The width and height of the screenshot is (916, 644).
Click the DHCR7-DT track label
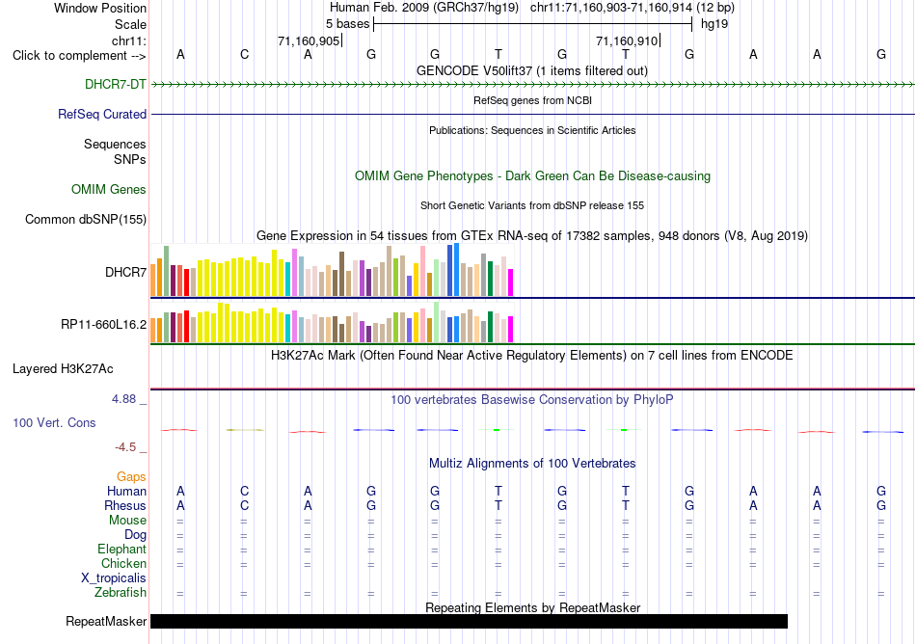coord(115,84)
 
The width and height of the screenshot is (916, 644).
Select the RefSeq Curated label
coord(101,114)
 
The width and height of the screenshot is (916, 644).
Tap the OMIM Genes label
coord(109,189)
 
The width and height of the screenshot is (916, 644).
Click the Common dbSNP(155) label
coord(85,220)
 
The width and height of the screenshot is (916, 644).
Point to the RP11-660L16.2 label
coord(103,324)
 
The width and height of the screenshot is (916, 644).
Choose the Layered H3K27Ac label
coord(63,369)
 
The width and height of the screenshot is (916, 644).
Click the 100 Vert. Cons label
coord(54,422)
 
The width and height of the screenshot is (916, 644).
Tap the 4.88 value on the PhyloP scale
coord(123,399)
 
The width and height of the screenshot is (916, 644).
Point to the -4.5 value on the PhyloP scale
coord(125,447)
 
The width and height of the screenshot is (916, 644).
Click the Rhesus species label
coord(125,505)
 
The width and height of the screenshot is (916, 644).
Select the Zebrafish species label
coord(121,593)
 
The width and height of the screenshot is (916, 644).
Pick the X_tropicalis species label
coord(114,578)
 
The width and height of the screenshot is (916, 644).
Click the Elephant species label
coord(121,549)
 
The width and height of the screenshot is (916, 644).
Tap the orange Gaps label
coord(131,477)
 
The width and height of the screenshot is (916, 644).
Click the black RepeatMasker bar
coord(469,621)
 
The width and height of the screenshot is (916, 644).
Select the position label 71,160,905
coord(309,40)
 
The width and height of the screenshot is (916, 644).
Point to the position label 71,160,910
coord(627,40)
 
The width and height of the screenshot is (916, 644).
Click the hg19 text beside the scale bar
coord(714,24)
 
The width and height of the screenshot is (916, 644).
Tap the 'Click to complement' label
coord(79,56)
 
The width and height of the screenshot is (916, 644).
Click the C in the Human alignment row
coord(244,491)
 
